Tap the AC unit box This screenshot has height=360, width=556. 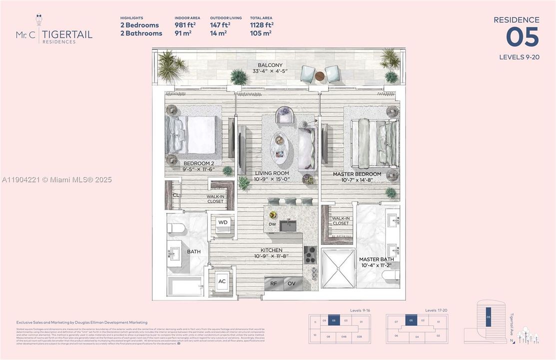coord(222,281)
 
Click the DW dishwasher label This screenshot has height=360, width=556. coord(273,224)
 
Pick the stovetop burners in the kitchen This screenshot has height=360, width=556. coord(310,254)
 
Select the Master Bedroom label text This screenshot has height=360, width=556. coord(357,174)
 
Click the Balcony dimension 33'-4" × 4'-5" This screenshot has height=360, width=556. coord(270,71)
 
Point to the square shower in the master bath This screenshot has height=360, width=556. coord(338,267)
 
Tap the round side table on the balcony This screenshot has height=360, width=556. coord(320,75)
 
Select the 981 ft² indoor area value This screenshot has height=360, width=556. coord(185,25)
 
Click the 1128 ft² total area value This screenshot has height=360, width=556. coord(261,25)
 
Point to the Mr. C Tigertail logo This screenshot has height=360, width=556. coord(53,31)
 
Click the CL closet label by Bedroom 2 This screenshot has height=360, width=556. coord(176,195)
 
